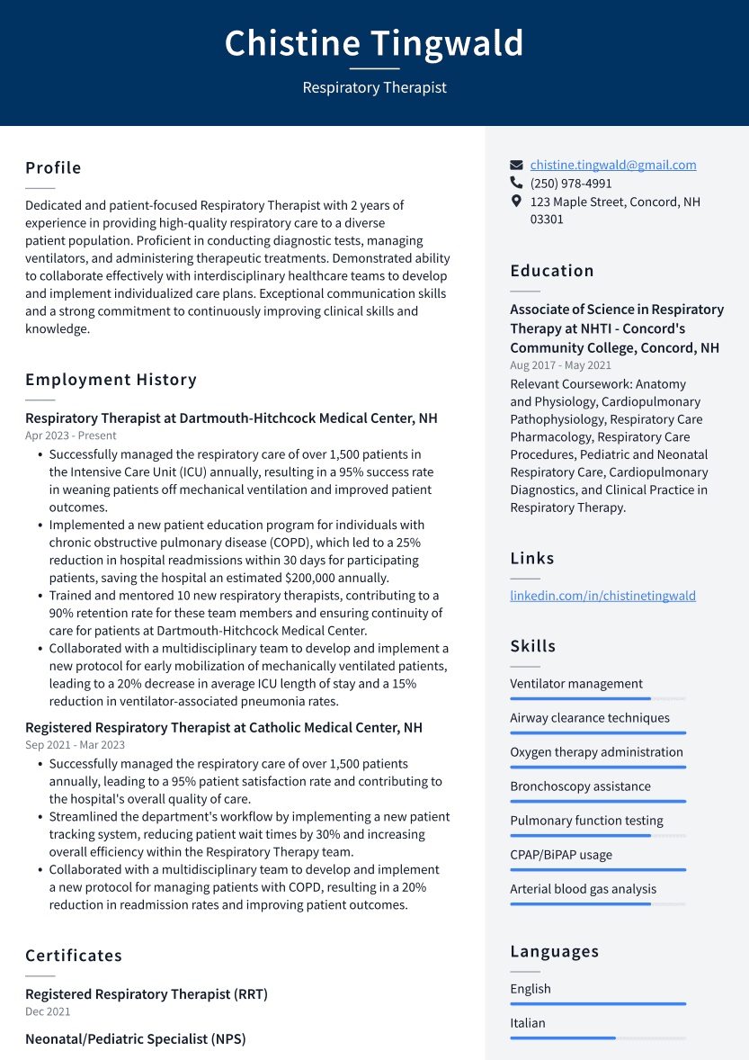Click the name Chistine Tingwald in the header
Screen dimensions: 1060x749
tap(374, 43)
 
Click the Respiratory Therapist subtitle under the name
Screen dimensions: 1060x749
tap(374, 87)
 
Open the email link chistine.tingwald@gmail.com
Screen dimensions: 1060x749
tap(612, 165)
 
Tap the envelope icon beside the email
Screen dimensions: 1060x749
tap(516, 166)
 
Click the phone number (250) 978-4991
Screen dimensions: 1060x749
tap(570, 184)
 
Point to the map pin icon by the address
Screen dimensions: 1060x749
tap(516, 202)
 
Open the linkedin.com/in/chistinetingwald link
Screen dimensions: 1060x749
tap(602, 596)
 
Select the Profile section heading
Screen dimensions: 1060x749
tap(53, 168)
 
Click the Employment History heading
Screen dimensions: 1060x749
tap(111, 380)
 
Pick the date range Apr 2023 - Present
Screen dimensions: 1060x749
tap(71, 436)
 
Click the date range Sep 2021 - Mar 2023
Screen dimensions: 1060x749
tap(75, 745)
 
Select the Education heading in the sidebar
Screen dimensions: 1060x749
tap(551, 271)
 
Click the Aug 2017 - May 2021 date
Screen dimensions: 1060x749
tap(560, 365)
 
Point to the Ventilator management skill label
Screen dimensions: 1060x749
tap(576, 684)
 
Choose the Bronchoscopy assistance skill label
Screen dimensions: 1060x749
tap(580, 786)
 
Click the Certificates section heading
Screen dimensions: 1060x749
tap(74, 956)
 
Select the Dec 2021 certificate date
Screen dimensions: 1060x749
tap(48, 1012)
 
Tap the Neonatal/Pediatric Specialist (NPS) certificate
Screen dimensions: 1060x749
tap(135, 1039)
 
